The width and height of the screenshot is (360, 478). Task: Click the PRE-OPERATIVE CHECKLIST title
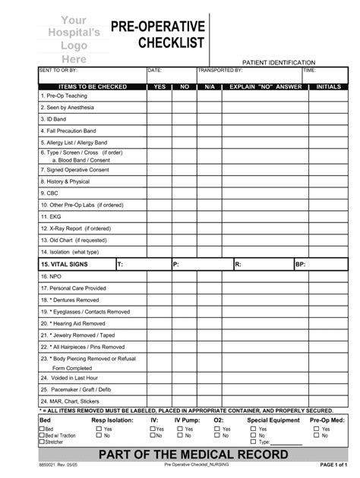pyautogui.click(x=158, y=35)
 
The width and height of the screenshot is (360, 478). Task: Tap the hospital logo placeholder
pyautogui.click(x=74, y=39)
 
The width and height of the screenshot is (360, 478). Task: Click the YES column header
pyautogui.click(x=159, y=87)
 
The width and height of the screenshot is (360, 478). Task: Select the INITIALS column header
pyautogui.click(x=328, y=87)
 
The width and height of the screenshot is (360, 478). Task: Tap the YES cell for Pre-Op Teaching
pyautogui.click(x=159, y=97)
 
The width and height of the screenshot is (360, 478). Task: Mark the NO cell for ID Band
pyautogui.click(x=185, y=118)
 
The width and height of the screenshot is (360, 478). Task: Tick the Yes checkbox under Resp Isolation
pyautogui.click(x=98, y=429)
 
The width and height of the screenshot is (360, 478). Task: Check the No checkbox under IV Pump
pyautogui.click(x=180, y=436)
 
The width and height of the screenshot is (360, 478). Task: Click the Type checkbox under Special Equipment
pyautogui.click(x=254, y=442)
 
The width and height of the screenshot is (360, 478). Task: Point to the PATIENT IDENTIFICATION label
pyautogui.click(x=279, y=62)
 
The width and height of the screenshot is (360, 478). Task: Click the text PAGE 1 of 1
pyautogui.click(x=333, y=464)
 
